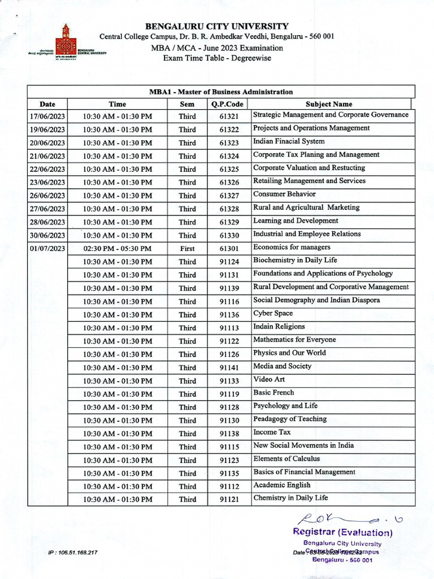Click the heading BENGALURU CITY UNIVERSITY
(x=217, y=26)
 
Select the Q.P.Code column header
(x=227, y=104)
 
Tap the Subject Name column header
(x=328, y=104)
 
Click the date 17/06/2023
(x=47, y=116)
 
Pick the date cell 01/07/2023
(x=47, y=249)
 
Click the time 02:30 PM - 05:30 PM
(x=117, y=249)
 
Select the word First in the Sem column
(x=187, y=249)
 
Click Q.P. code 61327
(x=229, y=196)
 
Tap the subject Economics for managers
(x=292, y=247)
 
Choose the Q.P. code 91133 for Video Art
(x=229, y=381)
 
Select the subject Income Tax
(x=272, y=432)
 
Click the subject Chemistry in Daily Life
(x=290, y=498)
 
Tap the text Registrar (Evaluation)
(x=342, y=532)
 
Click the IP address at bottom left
(x=73, y=552)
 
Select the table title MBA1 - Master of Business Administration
(x=221, y=92)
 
